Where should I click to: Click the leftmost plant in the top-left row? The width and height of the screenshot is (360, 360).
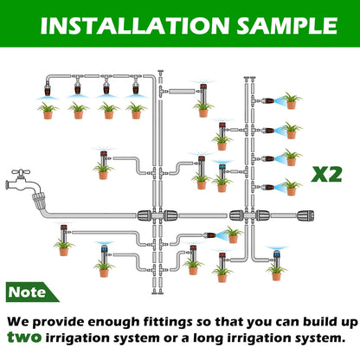[x=48, y=110]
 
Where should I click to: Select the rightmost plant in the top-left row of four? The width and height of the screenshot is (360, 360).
[x=136, y=110]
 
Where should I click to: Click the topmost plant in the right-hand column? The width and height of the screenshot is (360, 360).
[x=292, y=100]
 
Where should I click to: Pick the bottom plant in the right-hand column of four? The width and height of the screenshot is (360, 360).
[x=292, y=185]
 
